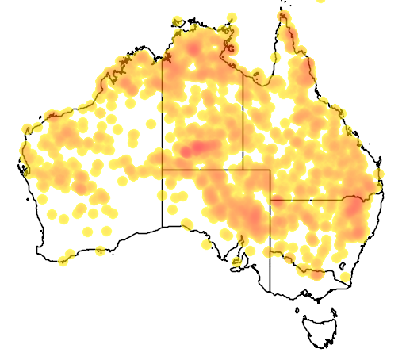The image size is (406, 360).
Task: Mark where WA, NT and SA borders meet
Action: click(x=163, y=170)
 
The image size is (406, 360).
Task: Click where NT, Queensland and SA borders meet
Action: click(x=243, y=170)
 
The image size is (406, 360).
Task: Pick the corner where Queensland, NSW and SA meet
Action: click(x=270, y=200)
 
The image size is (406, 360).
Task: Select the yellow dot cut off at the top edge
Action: click(x=320, y=2)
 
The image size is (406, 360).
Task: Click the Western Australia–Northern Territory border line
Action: click(x=163, y=119)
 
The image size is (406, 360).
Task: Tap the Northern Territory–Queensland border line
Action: click(x=243, y=119)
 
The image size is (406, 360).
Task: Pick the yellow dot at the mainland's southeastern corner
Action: click(x=346, y=278)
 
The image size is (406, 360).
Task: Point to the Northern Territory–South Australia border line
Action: click(x=202, y=170)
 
